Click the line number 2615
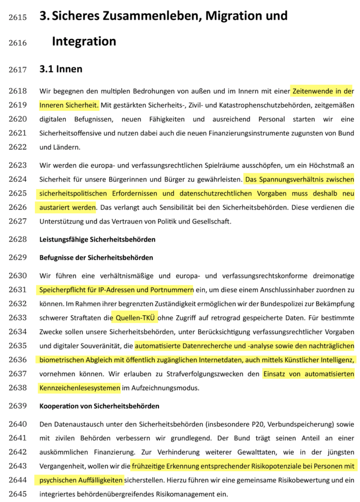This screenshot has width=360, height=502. click(x=18, y=17)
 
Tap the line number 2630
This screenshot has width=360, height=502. click(x=18, y=276)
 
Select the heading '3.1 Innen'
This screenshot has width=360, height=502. click(x=61, y=69)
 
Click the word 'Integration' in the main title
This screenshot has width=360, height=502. click(x=84, y=42)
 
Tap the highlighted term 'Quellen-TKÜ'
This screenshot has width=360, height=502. click(x=134, y=318)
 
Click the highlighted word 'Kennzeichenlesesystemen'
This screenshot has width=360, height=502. click(x=79, y=389)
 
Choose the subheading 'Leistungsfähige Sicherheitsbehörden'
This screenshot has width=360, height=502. click(x=97, y=240)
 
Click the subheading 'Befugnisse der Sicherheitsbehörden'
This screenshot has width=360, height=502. click(x=96, y=257)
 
